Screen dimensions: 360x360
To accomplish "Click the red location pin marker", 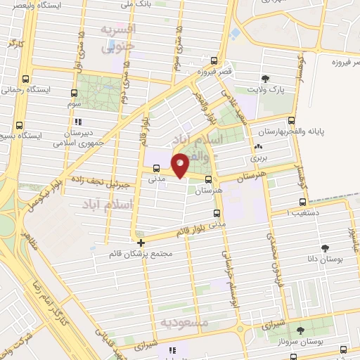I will [x=181, y=165].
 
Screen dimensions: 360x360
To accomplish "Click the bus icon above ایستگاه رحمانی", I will [x=26, y=79].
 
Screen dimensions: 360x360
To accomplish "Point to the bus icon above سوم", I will [x=74, y=93].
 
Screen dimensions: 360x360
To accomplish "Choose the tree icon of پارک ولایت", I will [x=264, y=79].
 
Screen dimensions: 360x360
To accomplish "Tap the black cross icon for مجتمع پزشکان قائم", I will [x=141, y=241].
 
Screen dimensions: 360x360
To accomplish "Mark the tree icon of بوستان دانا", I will [x=324, y=247].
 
